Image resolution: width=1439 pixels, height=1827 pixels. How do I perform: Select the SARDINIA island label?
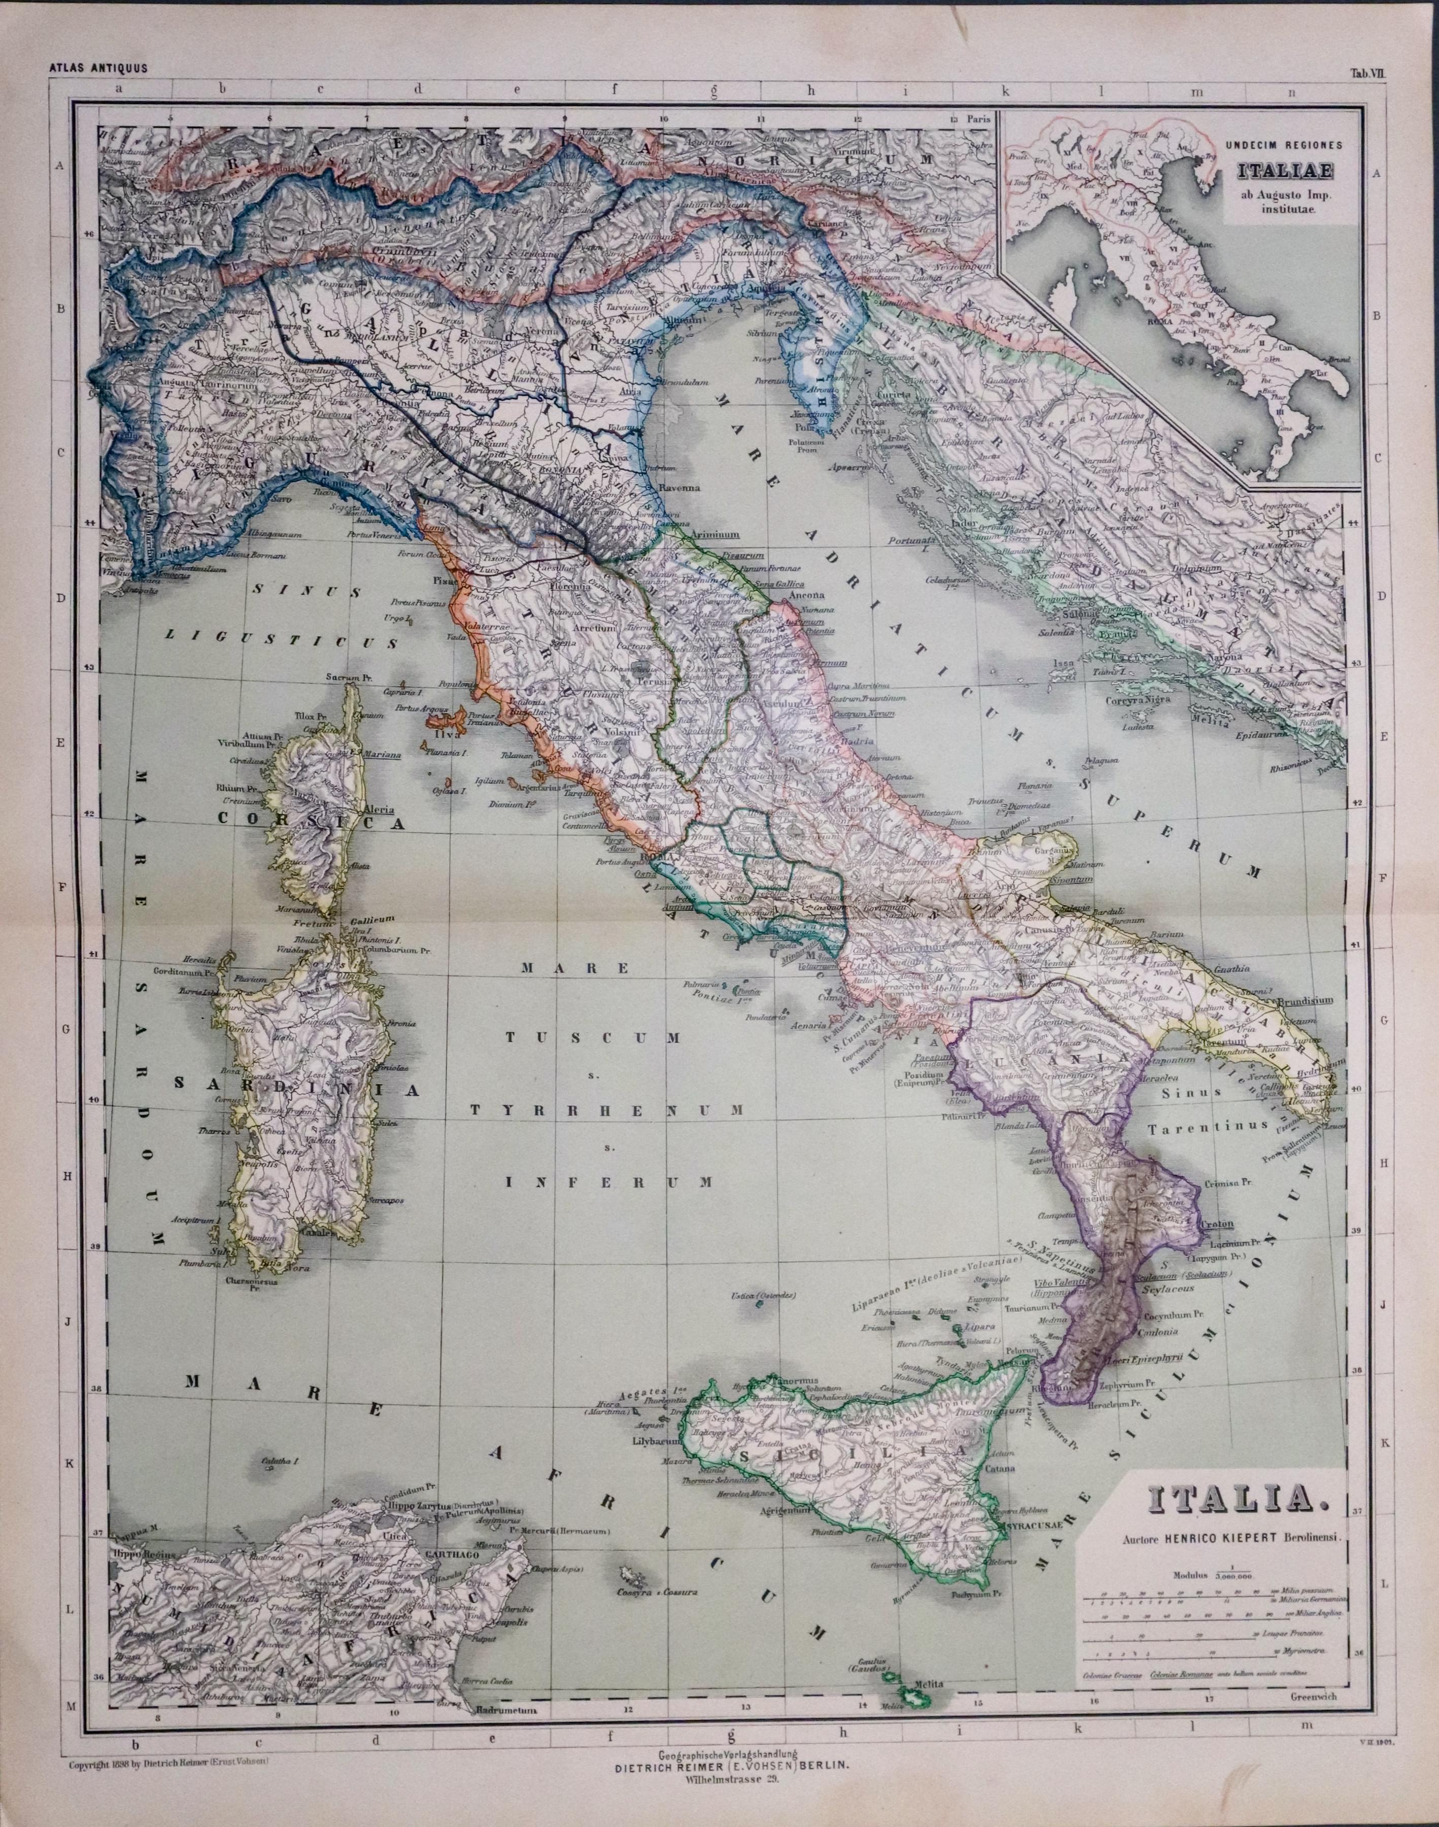(x=297, y=1089)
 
